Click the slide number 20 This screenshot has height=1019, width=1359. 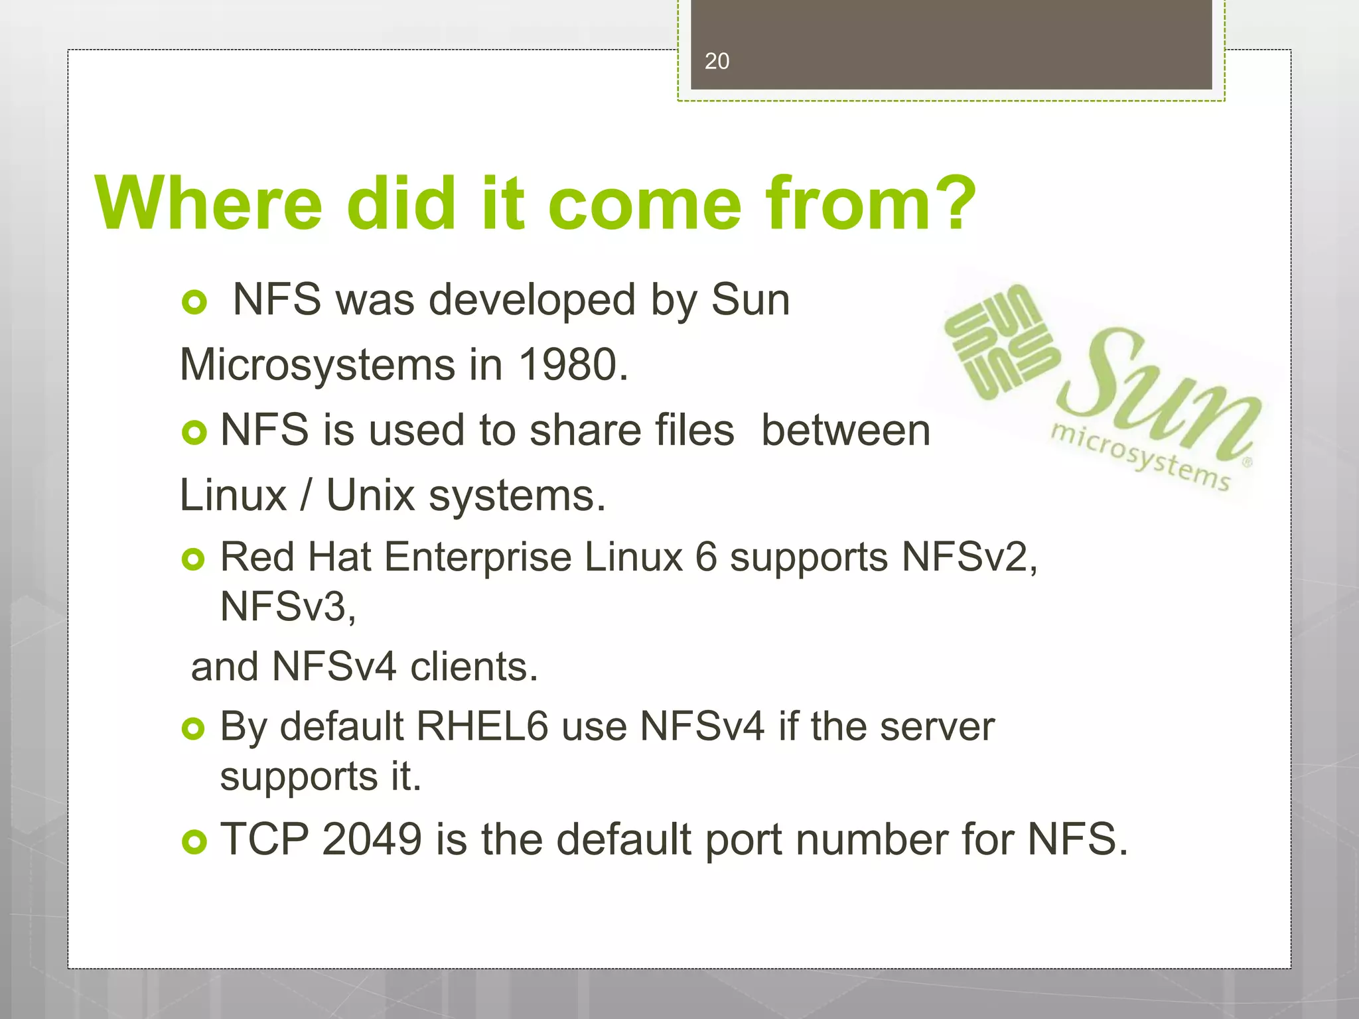coord(717,61)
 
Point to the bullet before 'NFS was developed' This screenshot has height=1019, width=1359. coord(194,303)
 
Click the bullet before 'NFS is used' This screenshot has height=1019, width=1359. coord(194,433)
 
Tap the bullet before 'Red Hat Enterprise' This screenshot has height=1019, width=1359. coord(194,560)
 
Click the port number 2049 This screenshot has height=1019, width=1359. coord(372,839)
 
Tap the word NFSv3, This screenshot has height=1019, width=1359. coord(288,606)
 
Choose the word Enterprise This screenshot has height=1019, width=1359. coord(478,557)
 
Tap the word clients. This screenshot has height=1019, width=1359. coord(474,667)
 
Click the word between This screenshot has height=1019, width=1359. coord(845,431)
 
